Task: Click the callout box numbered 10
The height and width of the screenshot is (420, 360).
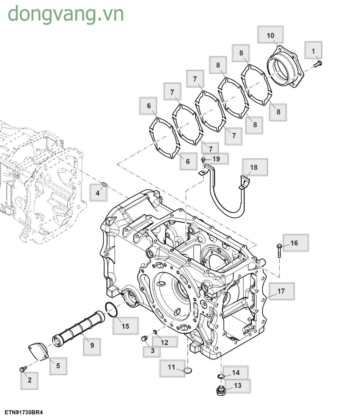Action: click(x=270, y=35)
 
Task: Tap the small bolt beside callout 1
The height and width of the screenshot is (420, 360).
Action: click(x=318, y=64)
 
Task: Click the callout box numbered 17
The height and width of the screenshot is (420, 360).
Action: click(x=281, y=291)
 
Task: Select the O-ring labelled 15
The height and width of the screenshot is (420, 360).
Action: click(x=111, y=310)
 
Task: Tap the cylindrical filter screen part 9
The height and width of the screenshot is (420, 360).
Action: click(x=79, y=329)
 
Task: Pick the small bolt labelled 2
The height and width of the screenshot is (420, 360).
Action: click(x=22, y=369)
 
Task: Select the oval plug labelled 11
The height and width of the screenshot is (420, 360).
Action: click(x=188, y=370)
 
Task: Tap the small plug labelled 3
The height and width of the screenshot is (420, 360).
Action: click(x=143, y=339)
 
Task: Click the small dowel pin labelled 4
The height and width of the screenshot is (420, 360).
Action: click(x=104, y=184)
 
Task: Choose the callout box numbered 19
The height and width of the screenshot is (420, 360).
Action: click(x=216, y=159)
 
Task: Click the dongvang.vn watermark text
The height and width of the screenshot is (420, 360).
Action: click(x=66, y=14)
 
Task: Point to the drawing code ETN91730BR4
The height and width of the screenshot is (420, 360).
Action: click(x=24, y=412)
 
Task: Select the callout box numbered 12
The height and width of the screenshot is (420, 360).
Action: click(x=165, y=342)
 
